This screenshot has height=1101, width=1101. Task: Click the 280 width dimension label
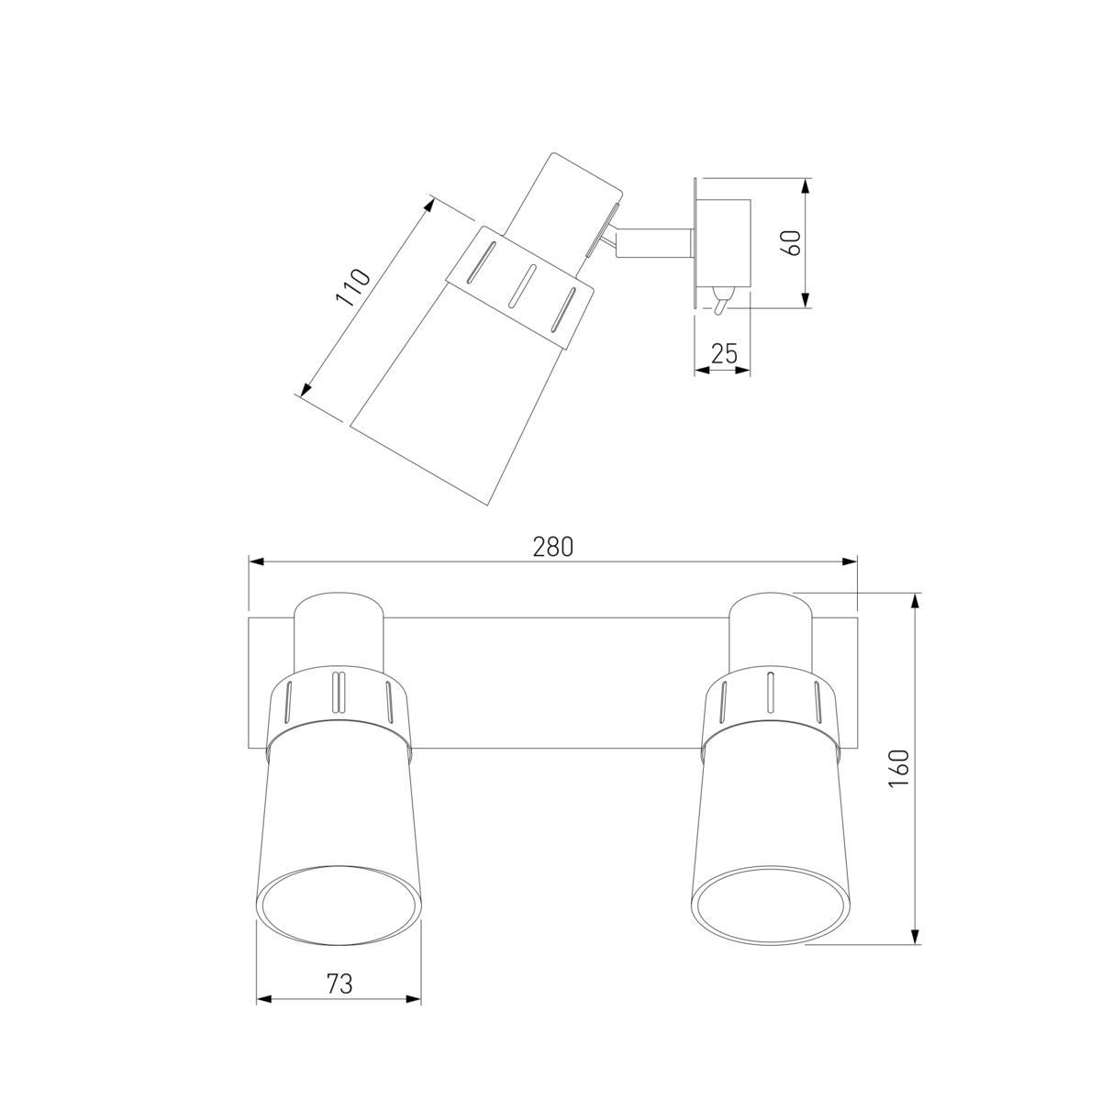(x=552, y=547)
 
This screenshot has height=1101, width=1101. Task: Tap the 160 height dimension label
(x=899, y=768)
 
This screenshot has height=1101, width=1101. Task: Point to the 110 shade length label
(x=352, y=287)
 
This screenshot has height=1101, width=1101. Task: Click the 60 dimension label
(x=795, y=243)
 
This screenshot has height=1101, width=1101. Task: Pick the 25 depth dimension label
(x=724, y=354)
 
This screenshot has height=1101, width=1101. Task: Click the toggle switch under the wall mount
(x=719, y=301)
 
